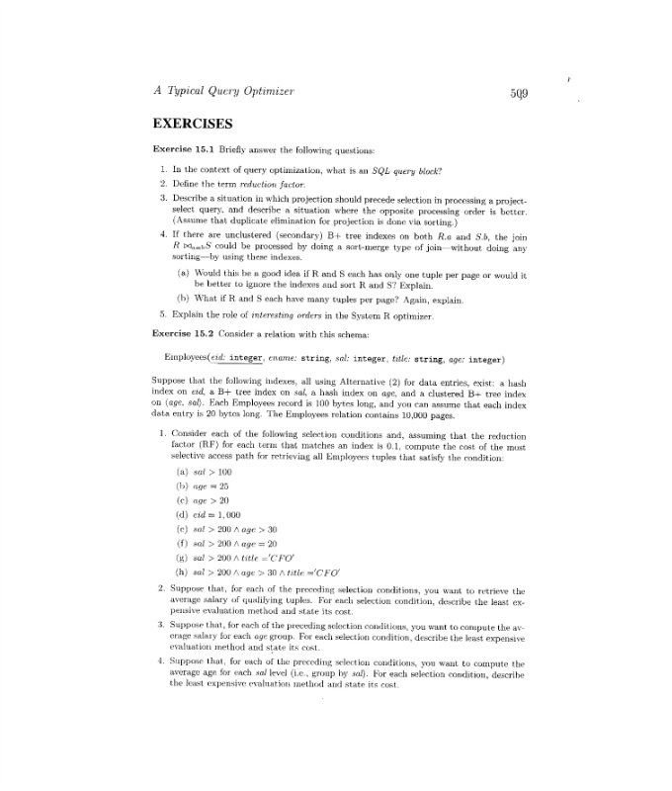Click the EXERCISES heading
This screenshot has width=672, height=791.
192,125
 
